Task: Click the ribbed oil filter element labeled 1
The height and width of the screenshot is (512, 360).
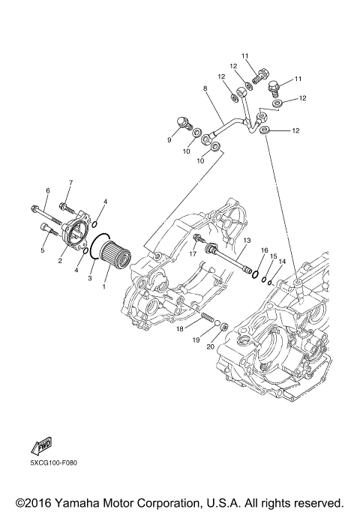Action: (x=114, y=257)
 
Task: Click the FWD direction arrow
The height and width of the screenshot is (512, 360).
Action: (x=42, y=445)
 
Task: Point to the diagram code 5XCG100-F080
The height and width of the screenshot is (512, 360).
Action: (x=54, y=463)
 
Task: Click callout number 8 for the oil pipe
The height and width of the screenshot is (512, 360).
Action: (x=205, y=88)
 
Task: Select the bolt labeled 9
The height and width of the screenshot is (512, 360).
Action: (x=184, y=124)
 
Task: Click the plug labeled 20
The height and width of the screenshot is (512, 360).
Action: (x=223, y=327)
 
